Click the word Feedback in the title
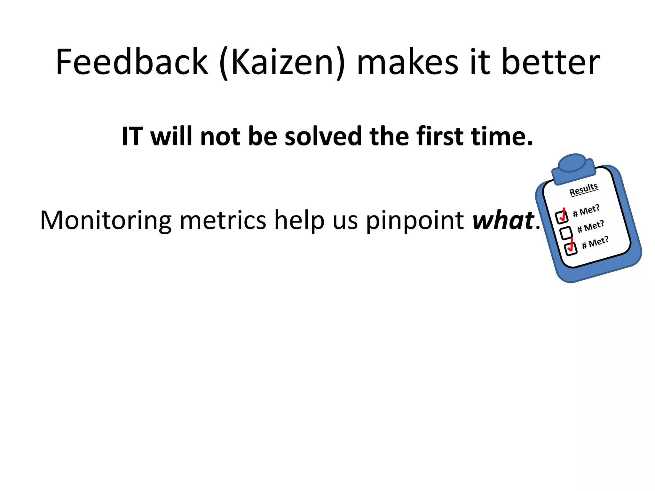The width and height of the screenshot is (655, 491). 132,61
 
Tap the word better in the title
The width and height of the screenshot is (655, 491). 551,61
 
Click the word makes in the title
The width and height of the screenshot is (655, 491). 407,61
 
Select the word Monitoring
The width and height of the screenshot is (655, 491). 106,221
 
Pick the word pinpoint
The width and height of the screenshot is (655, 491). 415,221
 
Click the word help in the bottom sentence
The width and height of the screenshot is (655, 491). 299,221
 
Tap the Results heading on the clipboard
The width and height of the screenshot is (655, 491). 583,189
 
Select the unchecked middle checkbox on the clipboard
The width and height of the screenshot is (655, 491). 566,233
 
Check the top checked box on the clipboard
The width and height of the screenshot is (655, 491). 562,217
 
